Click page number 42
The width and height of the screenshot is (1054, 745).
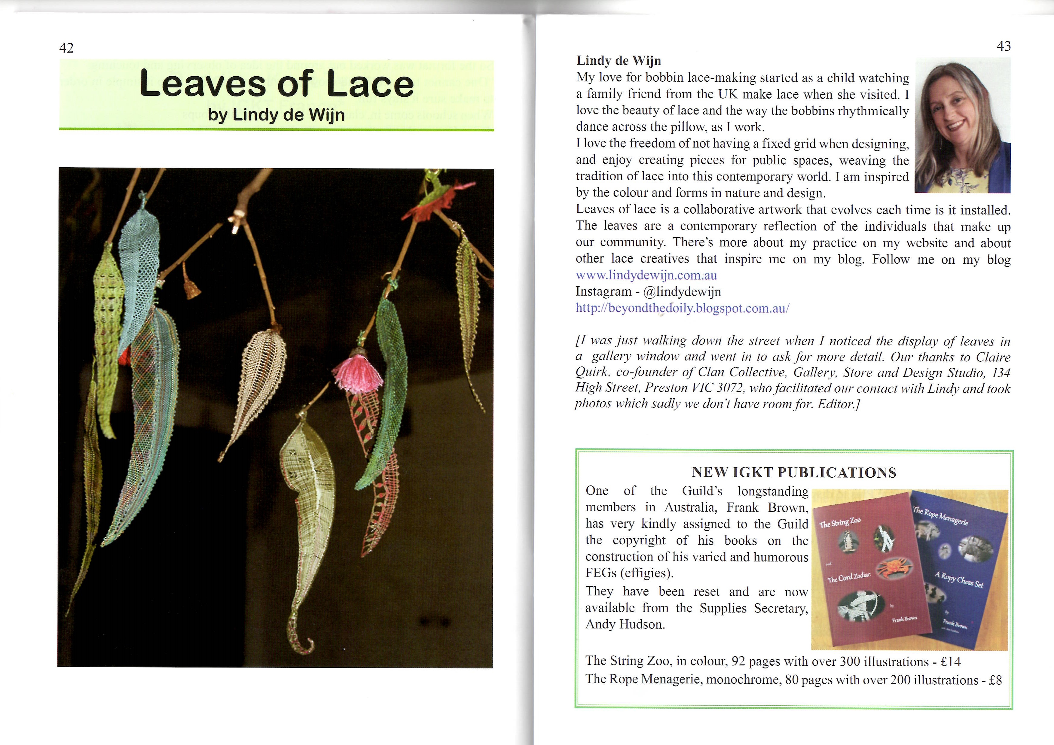coord(66,48)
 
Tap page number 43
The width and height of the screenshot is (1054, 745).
coord(1004,46)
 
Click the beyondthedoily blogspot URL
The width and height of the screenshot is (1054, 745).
coord(682,308)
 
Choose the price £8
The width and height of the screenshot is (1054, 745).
coord(995,680)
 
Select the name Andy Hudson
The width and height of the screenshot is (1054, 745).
coord(625,624)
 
